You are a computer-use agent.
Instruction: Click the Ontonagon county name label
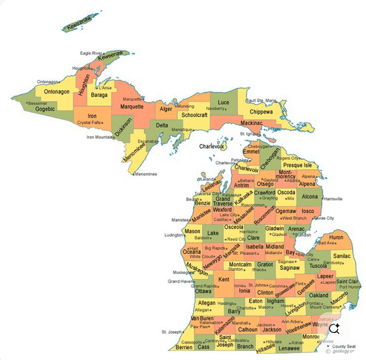[57, 91]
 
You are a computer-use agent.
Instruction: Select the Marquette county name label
[131, 107]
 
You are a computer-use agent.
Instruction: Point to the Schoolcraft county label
[194, 115]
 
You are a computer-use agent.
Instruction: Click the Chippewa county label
[261, 111]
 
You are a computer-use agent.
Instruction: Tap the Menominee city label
[146, 174]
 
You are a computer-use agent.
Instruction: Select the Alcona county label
[310, 197]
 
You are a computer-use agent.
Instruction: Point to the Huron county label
[336, 237]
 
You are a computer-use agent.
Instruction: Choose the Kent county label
[223, 280]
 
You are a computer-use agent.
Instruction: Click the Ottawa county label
[203, 291]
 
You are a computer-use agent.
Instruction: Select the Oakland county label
[318, 296]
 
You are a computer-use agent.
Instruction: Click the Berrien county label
[183, 348]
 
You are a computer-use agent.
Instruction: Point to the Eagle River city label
[91, 53]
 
